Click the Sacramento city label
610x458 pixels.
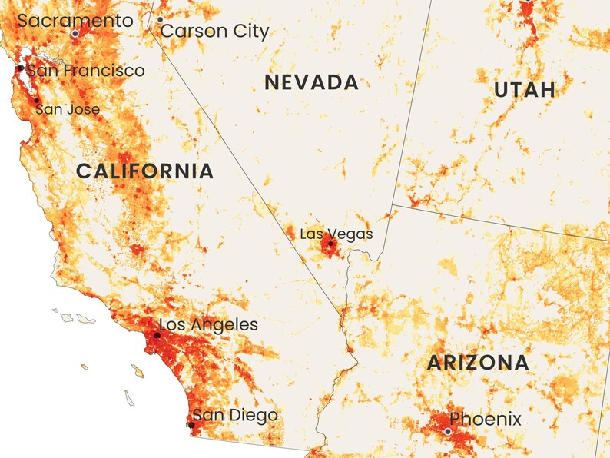75,21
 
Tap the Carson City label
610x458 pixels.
215,32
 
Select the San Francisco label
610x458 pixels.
85,71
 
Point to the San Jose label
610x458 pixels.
68,109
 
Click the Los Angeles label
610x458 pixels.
208,325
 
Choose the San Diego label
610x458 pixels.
235,416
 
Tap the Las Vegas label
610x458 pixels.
336,234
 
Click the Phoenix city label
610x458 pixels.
485,420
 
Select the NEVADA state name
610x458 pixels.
311,83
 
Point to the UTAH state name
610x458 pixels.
525,90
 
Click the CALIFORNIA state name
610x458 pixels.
144,171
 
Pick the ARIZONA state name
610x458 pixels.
478,363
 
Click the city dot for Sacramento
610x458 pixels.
75,34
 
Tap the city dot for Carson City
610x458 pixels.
160,19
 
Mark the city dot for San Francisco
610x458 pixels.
20,68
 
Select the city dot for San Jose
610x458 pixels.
36,100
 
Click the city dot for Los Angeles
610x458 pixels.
157,335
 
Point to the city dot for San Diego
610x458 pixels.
191,425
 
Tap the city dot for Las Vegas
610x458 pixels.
331,244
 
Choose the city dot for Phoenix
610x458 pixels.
448,432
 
